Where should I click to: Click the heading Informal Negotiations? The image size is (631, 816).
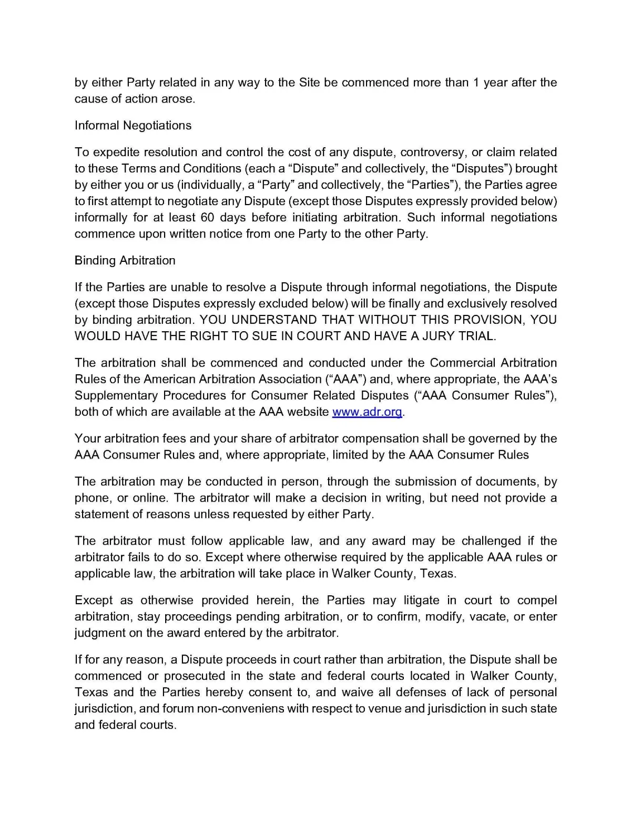pos(133,126)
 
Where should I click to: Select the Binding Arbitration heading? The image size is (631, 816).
pos(125,261)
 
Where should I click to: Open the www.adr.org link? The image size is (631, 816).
pos(368,412)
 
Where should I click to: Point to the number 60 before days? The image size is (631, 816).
pos(208,218)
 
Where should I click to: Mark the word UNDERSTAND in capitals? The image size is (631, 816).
pos(274,320)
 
